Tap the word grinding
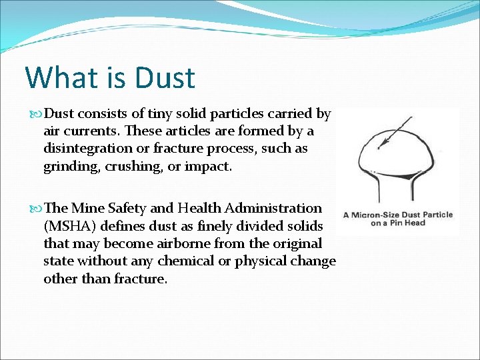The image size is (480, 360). [71, 166]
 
